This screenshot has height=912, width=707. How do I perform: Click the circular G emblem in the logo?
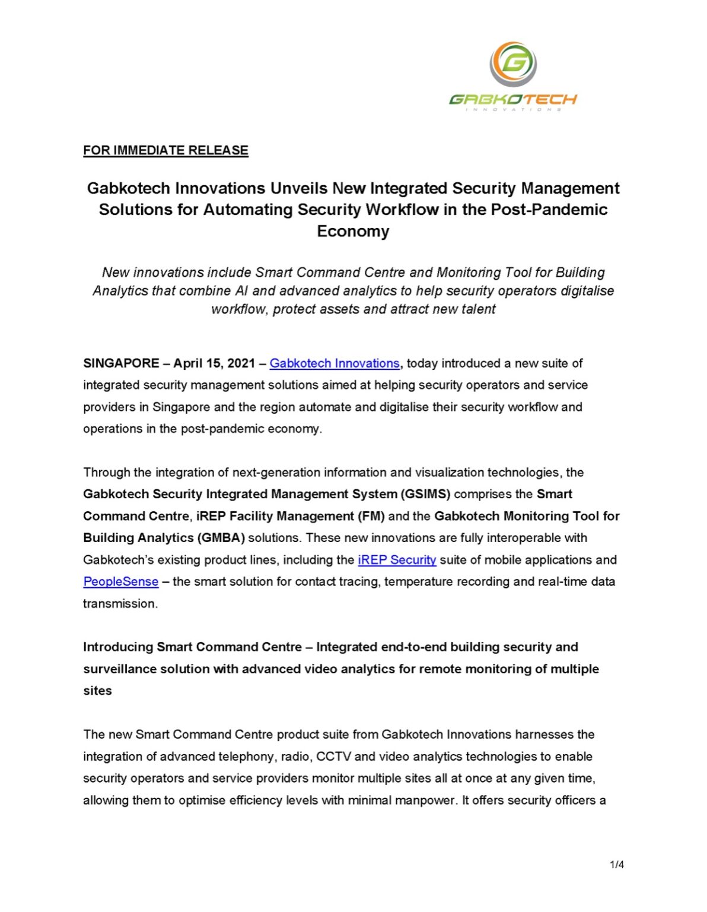point(513,64)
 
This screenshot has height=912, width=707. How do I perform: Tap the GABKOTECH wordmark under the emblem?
point(513,99)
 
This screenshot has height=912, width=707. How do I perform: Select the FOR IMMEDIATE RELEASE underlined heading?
point(165,150)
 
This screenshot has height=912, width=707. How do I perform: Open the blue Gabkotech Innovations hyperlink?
point(335,363)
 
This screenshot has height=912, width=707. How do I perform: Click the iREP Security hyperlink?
point(397,560)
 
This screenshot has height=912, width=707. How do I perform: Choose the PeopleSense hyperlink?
point(121,582)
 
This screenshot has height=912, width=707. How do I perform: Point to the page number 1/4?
point(617,864)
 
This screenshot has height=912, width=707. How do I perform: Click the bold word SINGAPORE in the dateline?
point(121,363)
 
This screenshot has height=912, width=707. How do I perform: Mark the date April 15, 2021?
point(214,363)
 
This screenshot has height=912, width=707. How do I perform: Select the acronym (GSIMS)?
point(425,494)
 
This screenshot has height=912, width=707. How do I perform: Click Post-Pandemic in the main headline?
point(549,210)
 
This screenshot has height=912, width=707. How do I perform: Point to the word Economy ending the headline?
point(353,231)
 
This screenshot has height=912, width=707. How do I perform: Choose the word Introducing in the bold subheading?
point(118,647)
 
